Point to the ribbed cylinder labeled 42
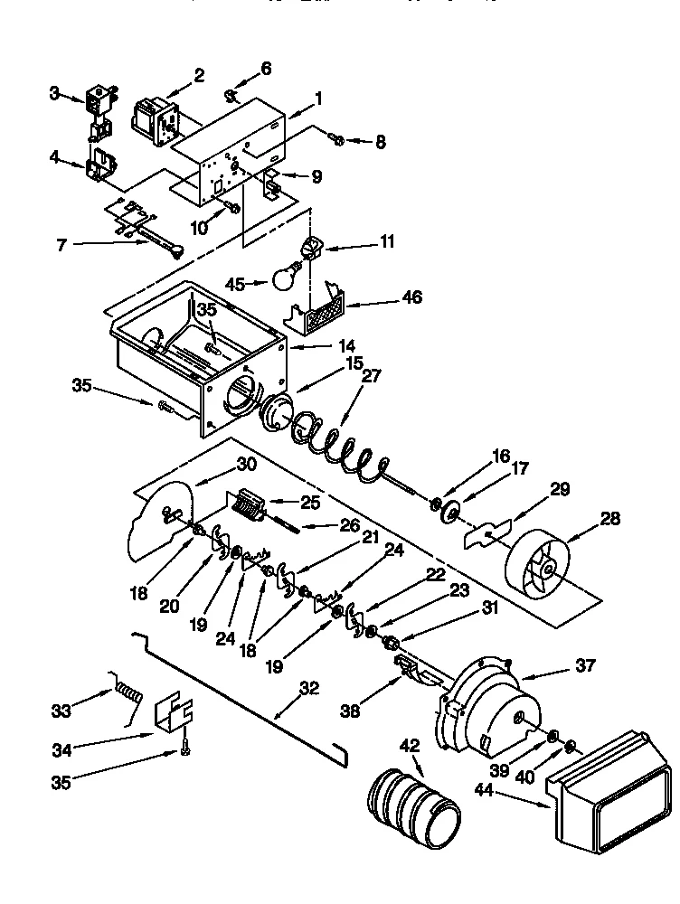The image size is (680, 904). (411, 799)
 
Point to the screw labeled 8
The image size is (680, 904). (335, 139)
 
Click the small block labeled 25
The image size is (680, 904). (245, 504)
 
